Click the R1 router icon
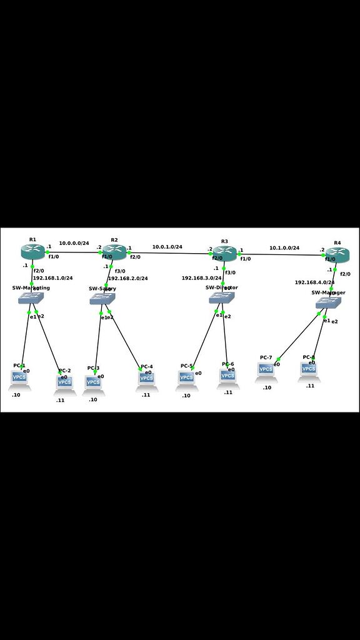click(x=32, y=251)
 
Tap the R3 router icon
click(x=224, y=253)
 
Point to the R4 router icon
click(x=337, y=254)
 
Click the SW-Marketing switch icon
click(x=29, y=299)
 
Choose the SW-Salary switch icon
click(x=102, y=299)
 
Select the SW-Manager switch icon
click(x=328, y=303)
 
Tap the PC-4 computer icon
click(x=147, y=379)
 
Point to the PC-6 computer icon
click(x=228, y=376)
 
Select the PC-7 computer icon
click(x=266, y=370)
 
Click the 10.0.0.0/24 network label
click(x=74, y=243)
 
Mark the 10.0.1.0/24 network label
click(x=167, y=247)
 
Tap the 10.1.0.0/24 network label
click(x=284, y=248)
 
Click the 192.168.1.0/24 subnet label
click(x=52, y=278)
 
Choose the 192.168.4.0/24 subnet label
click(x=314, y=282)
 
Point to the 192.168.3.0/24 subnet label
click(x=201, y=278)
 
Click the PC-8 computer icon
click(x=309, y=370)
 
